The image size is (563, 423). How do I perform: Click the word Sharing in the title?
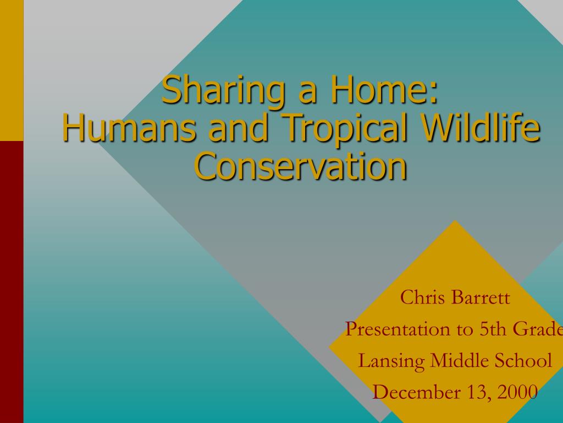224,90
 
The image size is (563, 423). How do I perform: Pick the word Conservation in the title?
301,166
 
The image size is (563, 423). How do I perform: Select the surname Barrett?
481,297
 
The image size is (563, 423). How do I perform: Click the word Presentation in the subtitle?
403,329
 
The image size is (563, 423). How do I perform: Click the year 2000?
517,392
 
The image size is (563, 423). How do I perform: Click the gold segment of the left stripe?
12,70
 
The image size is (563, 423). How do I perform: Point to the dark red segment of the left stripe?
12,282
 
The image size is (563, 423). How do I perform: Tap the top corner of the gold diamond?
455,220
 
